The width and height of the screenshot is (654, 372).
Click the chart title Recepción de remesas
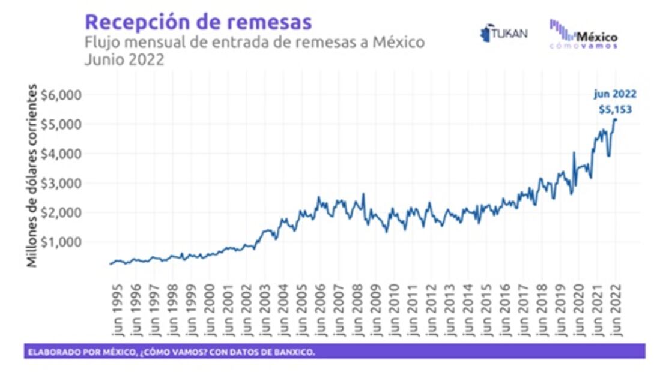(x=198, y=22)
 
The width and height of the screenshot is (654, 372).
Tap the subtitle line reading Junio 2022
(x=124, y=60)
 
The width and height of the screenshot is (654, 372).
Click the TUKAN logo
(x=504, y=33)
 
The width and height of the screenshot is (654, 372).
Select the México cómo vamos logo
(x=584, y=34)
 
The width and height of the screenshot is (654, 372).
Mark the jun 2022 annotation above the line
(x=615, y=94)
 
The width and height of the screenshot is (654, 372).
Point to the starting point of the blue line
(x=110, y=264)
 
